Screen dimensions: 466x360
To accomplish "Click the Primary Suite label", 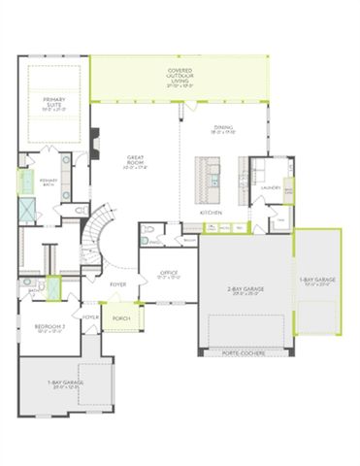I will tap(52, 103).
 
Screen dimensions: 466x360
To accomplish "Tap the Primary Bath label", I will tap(49, 181).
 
